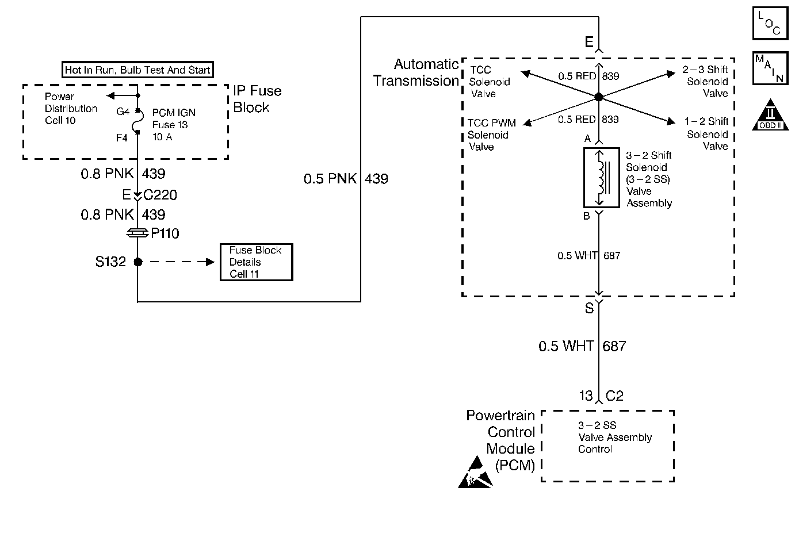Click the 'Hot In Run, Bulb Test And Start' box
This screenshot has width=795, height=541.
click(137, 70)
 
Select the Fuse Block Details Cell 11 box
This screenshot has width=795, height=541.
click(256, 262)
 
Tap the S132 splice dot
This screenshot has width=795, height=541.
click(138, 262)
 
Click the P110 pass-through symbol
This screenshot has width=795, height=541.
click(137, 233)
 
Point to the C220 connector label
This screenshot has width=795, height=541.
click(160, 195)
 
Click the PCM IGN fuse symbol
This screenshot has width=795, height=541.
click(137, 121)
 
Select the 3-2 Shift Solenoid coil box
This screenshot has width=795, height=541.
click(602, 178)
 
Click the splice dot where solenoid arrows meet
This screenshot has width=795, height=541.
click(599, 97)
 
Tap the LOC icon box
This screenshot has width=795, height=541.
click(770, 23)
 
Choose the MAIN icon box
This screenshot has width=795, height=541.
click(770, 68)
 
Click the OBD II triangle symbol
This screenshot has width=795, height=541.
click(770, 115)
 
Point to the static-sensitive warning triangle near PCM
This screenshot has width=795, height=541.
click(475, 474)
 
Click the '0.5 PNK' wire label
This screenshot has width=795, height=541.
click(330, 178)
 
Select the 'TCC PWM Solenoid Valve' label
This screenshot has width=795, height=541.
click(491, 135)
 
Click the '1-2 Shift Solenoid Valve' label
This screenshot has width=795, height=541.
click(706, 134)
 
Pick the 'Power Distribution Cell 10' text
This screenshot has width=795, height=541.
click(71, 109)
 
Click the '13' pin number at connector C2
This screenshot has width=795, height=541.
click(586, 396)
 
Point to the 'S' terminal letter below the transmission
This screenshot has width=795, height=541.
click(589, 308)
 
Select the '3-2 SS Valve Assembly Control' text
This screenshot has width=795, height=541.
click(615, 437)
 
